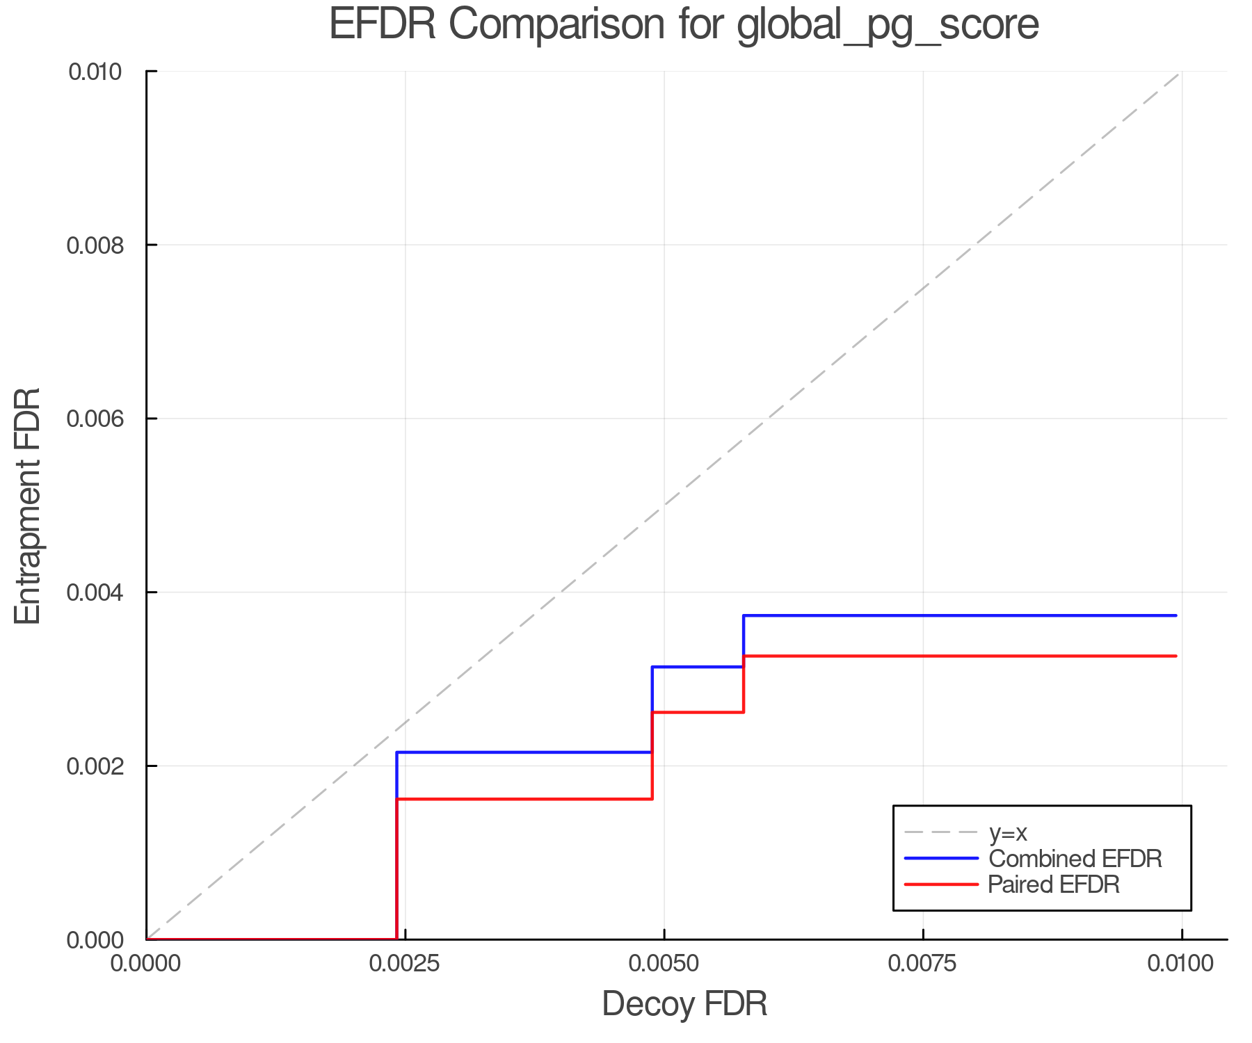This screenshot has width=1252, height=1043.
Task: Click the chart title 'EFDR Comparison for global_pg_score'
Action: [684, 25]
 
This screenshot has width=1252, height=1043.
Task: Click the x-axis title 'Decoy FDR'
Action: [684, 1004]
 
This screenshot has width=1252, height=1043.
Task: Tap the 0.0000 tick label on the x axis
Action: [146, 964]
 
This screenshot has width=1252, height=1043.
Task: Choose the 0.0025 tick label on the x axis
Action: [405, 964]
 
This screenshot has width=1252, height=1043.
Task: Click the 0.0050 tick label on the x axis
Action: [664, 964]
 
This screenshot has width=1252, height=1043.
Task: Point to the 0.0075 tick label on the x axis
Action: [923, 964]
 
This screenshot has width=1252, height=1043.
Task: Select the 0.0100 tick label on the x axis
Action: [1182, 964]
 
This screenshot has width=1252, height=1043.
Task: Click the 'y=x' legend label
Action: [1008, 832]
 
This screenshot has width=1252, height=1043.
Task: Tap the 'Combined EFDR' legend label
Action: [1075, 859]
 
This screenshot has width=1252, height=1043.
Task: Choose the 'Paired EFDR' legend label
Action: [1054, 884]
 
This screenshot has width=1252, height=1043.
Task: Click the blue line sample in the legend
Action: [941, 859]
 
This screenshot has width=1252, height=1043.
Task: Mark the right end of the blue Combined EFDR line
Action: [1175, 615]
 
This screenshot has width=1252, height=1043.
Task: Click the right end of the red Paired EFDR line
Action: [1175, 656]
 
